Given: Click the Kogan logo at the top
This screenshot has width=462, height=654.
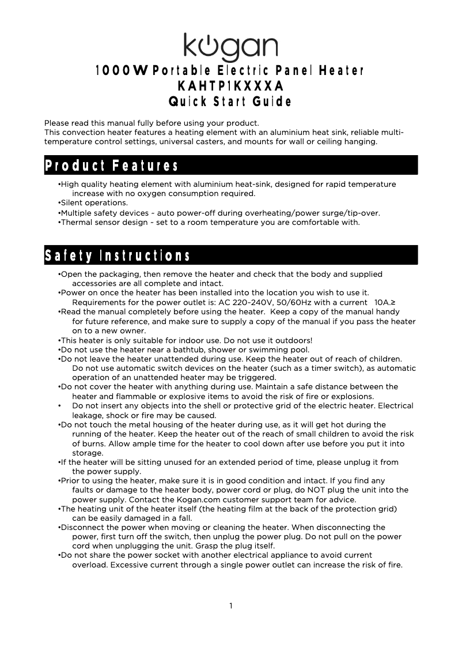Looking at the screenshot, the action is pyautogui.click(x=230, y=47).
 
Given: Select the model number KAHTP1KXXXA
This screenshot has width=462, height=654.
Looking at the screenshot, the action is pyautogui.click(x=230, y=87).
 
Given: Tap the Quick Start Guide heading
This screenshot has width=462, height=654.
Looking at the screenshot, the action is pyautogui.click(x=230, y=102).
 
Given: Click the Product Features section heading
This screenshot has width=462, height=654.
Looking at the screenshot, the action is pyautogui.click(x=112, y=166).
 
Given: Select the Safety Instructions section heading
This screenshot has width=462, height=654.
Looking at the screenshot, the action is pyautogui.click(x=118, y=255).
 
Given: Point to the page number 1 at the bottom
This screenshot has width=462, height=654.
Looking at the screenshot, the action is pyautogui.click(x=230, y=606).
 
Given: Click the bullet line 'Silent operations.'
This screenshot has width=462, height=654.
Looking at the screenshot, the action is pyautogui.click(x=94, y=203).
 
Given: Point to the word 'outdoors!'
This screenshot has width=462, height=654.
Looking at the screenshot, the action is pyautogui.click(x=293, y=340).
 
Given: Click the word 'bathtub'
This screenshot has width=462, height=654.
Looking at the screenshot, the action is pyautogui.click(x=195, y=349).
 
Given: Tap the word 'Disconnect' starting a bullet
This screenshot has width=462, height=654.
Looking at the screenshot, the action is pyautogui.click(x=81, y=527).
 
